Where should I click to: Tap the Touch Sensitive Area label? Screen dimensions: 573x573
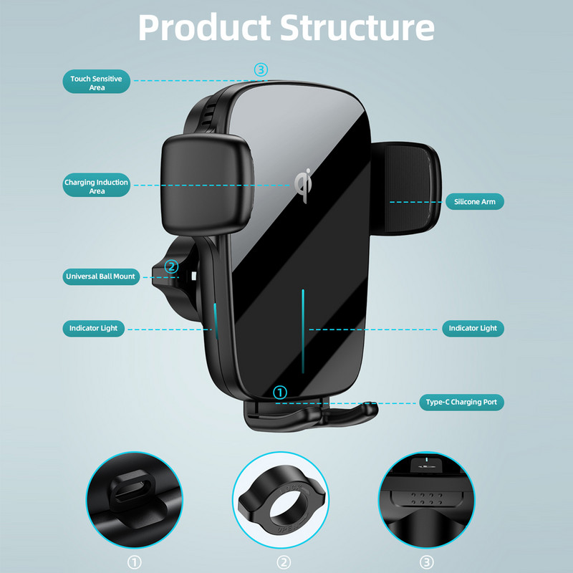(97, 82)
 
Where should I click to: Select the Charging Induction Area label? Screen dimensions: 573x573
(97, 186)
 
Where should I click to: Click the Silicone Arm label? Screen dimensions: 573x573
(474, 202)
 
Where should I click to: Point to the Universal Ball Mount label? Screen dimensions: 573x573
(101, 276)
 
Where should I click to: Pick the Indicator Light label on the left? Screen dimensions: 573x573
(94, 329)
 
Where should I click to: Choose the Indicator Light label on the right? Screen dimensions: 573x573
(473, 329)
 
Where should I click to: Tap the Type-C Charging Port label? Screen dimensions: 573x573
(461, 403)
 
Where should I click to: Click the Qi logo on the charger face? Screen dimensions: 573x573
(304, 182)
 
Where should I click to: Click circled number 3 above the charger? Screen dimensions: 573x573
(261, 69)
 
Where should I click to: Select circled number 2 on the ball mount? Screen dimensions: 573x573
(171, 267)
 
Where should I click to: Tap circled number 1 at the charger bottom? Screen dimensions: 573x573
(280, 392)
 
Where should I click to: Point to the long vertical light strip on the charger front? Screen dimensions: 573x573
(304, 329)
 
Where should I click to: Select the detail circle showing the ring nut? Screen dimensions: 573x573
(285, 498)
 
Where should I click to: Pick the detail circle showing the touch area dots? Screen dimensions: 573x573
(427, 498)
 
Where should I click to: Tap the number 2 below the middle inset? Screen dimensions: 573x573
(285, 562)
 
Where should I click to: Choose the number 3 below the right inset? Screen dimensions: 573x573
(427, 562)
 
